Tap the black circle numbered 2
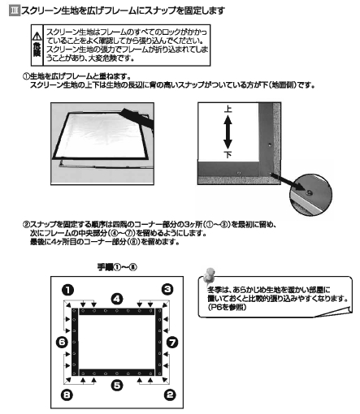169,395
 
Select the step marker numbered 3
168,289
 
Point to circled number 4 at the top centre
117,299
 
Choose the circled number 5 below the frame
117,385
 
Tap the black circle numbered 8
66,395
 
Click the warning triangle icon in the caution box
36,37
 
